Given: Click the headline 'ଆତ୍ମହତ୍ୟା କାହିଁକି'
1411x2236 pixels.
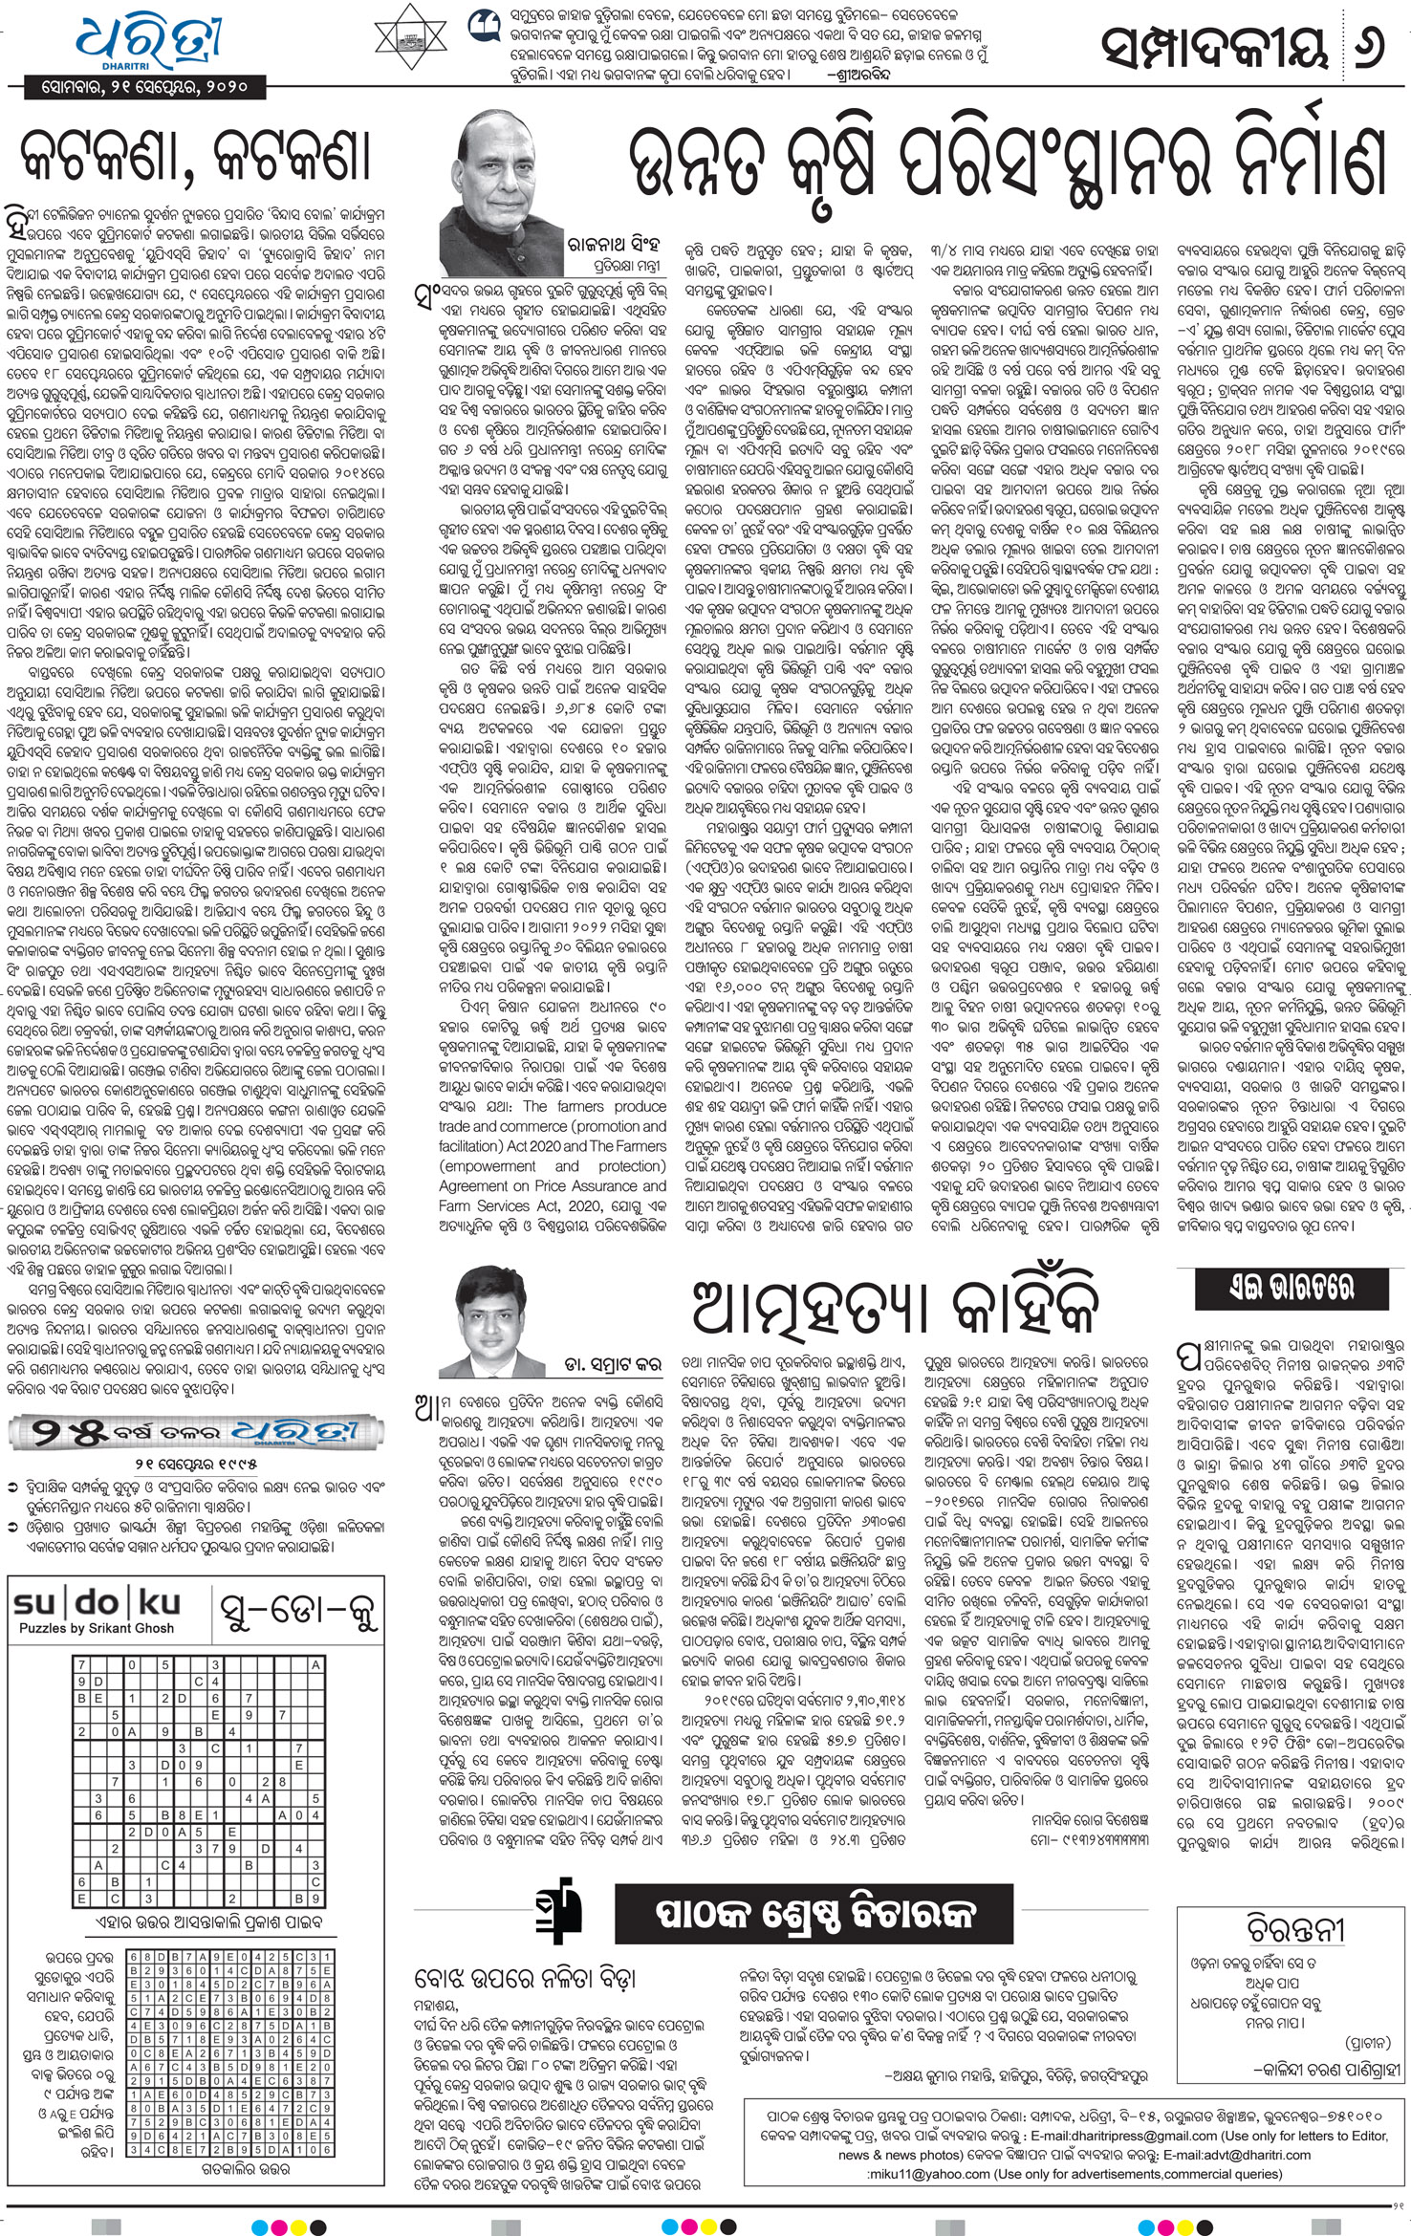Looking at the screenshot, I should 892,1306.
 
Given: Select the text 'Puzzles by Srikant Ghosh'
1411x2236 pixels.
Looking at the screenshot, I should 96,1627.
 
